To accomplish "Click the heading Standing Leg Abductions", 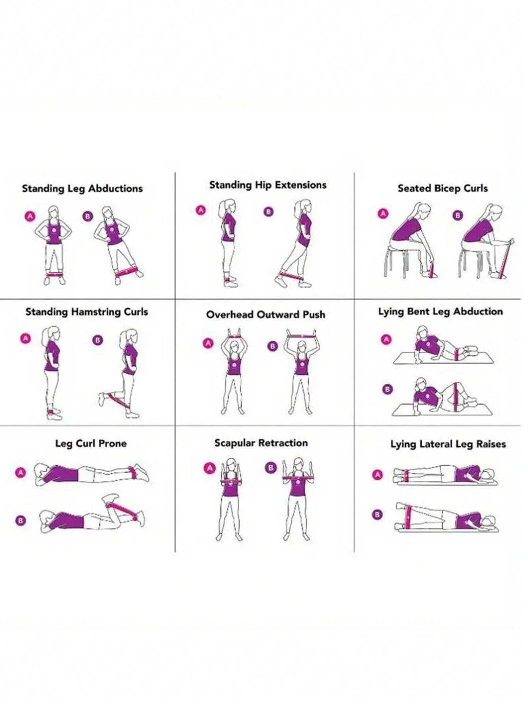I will (x=82, y=189).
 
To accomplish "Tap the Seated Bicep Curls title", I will (x=442, y=189).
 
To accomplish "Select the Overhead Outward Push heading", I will (x=266, y=314).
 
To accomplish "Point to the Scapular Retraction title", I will (x=261, y=443).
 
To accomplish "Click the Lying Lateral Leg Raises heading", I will (x=448, y=444).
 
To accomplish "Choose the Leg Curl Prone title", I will (x=91, y=443).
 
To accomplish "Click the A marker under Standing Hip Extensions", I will (x=201, y=210).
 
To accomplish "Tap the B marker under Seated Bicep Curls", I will (x=458, y=215).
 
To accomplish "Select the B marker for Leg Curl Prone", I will (x=21, y=520).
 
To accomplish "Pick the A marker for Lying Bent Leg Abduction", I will (x=386, y=339).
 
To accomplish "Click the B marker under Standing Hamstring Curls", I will (x=97, y=340).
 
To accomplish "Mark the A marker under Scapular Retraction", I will (x=210, y=468).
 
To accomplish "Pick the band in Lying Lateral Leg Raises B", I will (x=408, y=516).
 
